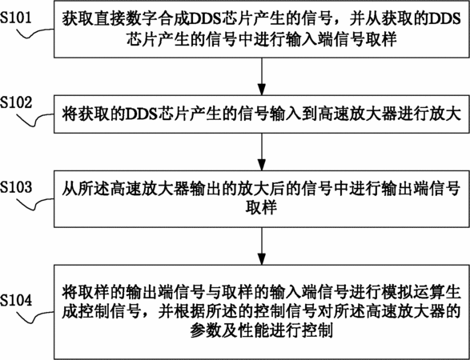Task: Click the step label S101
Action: tap(15, 18)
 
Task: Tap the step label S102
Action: tap(16, 102)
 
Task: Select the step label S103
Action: tap(16, 187)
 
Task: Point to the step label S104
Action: tap(16, 301)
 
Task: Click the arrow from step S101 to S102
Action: tap(262, 76)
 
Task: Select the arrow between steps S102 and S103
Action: tap(262, 152)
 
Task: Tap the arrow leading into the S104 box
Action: tap(262, 246)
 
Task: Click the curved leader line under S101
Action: tap(35, 34)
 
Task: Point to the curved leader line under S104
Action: tap(35, 316)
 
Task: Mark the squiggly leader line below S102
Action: tap(35, 119)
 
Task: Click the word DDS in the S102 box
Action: tap(141, 114)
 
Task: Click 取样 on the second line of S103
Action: tap(261, 206)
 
